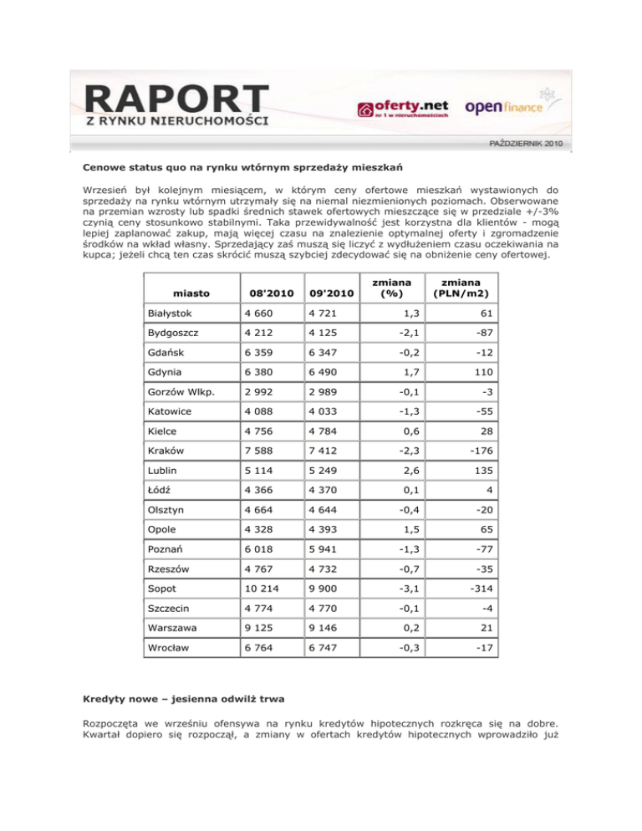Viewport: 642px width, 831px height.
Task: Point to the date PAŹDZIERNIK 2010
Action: click(525, 145)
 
